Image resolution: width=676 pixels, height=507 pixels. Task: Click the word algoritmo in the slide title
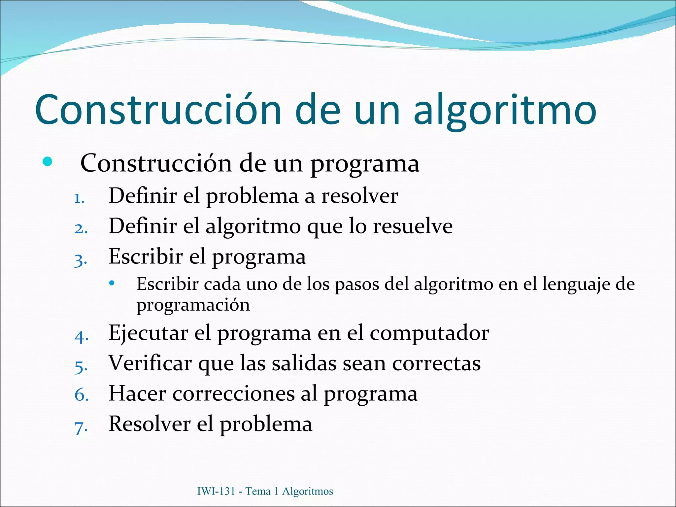click(505, 111)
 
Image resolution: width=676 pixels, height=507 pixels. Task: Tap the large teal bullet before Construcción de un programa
click(48, 162)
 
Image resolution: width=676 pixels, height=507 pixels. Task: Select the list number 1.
click(79, 199)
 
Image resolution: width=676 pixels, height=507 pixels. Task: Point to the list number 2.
click(81, 229)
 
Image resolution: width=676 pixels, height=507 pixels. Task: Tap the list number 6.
click(82, 395)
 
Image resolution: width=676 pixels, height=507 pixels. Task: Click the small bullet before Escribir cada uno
click(112, 283)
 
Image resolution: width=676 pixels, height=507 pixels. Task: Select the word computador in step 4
click(429, 333)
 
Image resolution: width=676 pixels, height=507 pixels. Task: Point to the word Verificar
click(150, 363)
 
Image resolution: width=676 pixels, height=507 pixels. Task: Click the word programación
click(193, 305)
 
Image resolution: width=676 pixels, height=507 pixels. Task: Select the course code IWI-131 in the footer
click(216, 491)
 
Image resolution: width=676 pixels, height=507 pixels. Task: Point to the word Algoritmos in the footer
click(308, 491)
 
